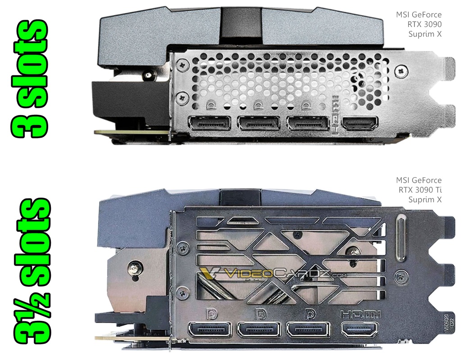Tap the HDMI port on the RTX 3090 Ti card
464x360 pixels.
click(360, 329)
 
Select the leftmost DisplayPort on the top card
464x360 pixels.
click(210, 123)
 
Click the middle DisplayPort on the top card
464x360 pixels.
click(259, 123)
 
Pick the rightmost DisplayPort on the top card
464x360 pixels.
click(308, 123)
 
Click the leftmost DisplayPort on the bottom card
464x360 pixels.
click(210, 329)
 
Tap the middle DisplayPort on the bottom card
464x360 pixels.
click(259, 329)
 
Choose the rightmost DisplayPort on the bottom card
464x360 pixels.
click(308, 329)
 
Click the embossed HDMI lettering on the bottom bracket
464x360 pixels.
click(361, 314)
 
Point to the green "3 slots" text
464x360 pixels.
click(29, 79)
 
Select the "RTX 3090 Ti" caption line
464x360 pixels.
click(420, 190)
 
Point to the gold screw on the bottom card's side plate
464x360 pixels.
click(136, 268)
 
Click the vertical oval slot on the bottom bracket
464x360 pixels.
click(401, 238)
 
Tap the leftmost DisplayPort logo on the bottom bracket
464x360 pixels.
click(211, 313)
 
